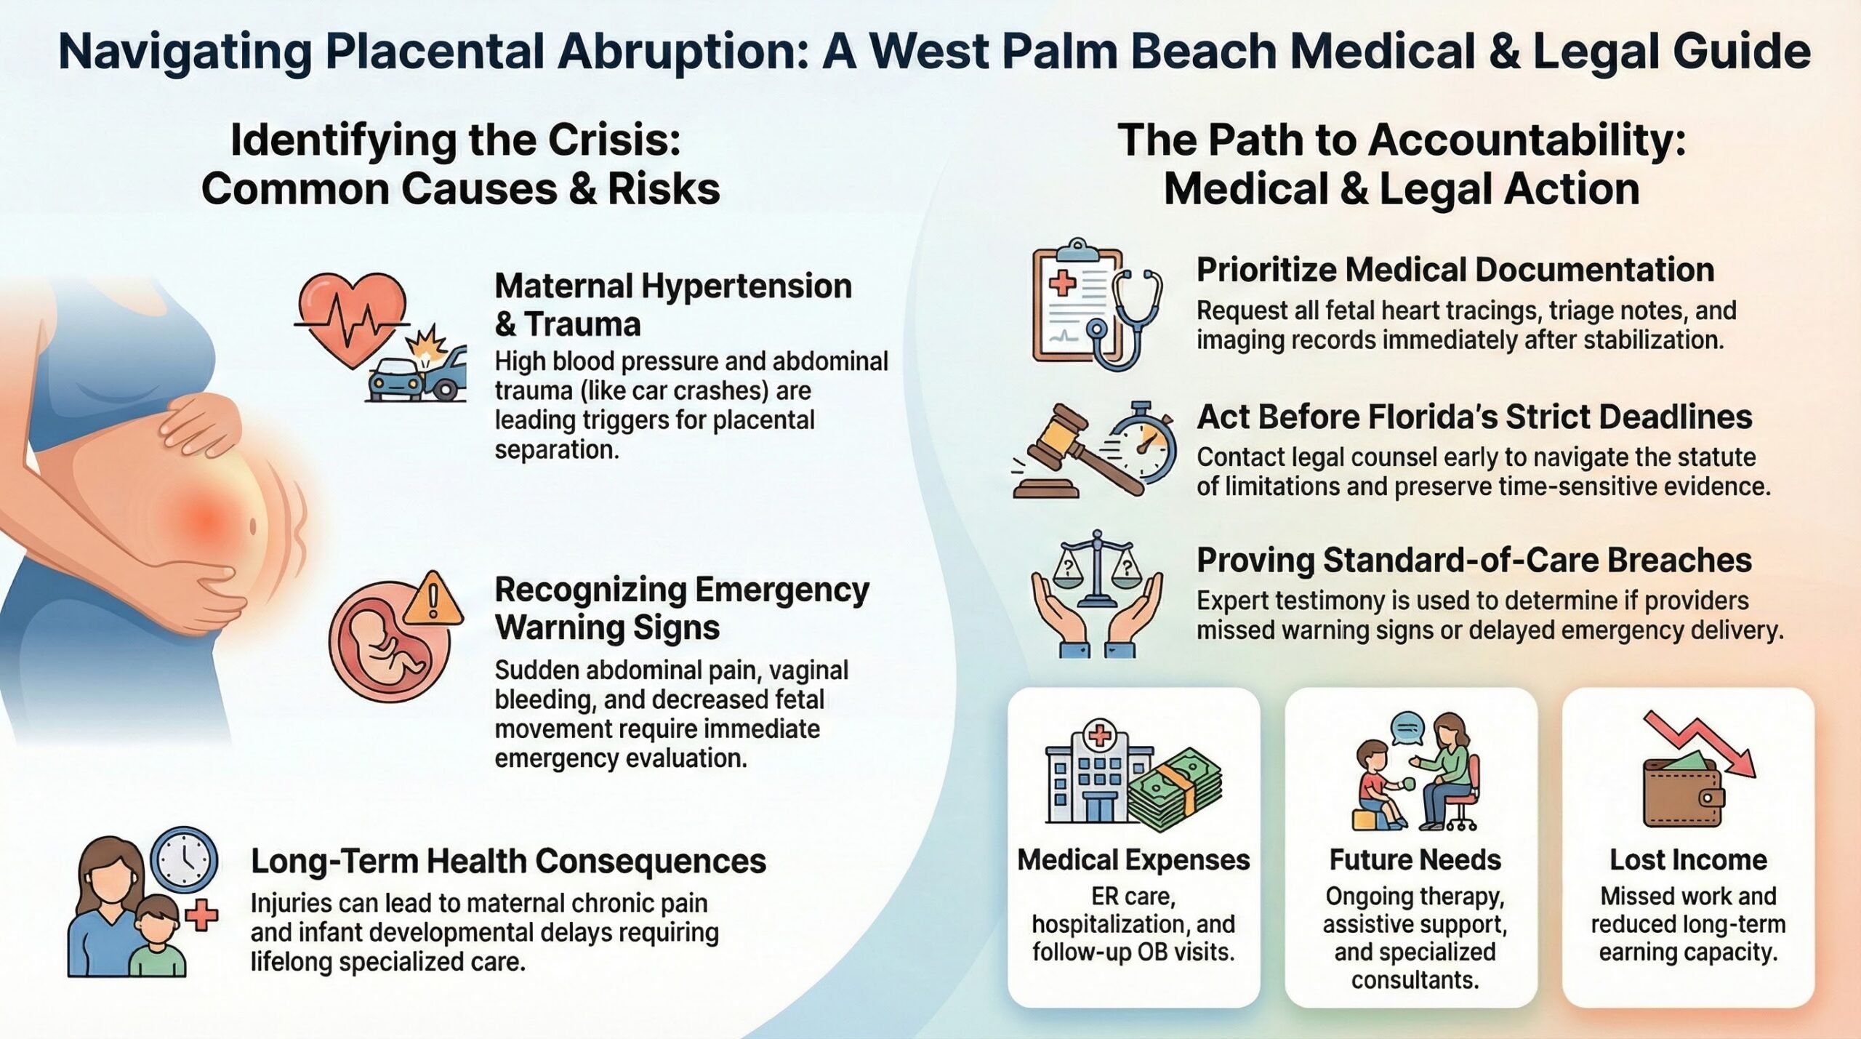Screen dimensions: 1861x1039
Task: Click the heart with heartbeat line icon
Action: click(x=352, y=320)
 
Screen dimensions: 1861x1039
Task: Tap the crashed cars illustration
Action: click(x=417, y=367)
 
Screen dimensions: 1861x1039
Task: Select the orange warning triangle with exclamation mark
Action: click(x=433, y=599)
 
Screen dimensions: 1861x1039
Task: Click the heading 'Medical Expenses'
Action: click(x=1133, y=860)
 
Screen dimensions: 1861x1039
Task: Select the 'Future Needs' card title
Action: click(x=1415, y=860)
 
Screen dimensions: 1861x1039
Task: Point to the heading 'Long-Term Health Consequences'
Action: click(x=508, y=862)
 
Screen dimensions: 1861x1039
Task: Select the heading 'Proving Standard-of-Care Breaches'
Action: click(x=1474, y=561)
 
